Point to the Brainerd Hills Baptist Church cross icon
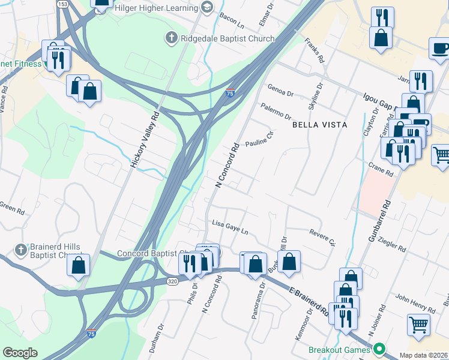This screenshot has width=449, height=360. (20, 249)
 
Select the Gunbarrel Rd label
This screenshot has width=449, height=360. (378, 221)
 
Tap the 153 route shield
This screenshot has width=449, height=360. (62, 4)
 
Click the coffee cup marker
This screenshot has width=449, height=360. (440, 48)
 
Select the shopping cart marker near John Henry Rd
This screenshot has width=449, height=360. (418, 325)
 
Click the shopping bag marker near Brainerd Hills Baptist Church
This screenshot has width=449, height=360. (78, 265)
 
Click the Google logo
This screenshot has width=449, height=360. (20, 353)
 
